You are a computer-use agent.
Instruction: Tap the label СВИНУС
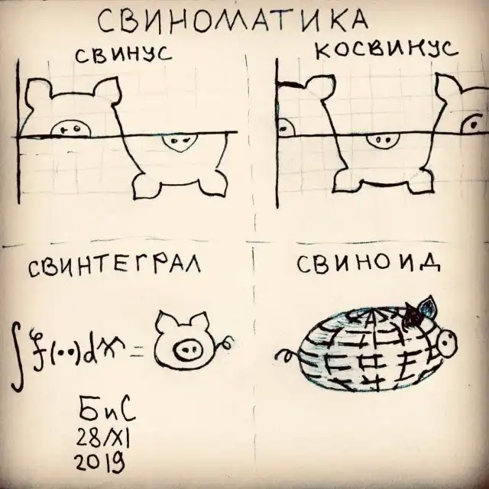click(123, 55)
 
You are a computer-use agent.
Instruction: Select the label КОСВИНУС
click(386, 50)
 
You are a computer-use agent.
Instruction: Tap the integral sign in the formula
click(18, 356)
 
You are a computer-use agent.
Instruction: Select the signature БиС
click(107, 411)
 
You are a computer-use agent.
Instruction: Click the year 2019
click(100, 463)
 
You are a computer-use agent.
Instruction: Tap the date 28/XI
click(104, 438)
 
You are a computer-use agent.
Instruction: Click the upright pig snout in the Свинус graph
click(70, 128)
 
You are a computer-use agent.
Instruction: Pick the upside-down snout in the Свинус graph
click(180, 143)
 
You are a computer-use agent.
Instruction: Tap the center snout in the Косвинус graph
click(383, 141)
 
